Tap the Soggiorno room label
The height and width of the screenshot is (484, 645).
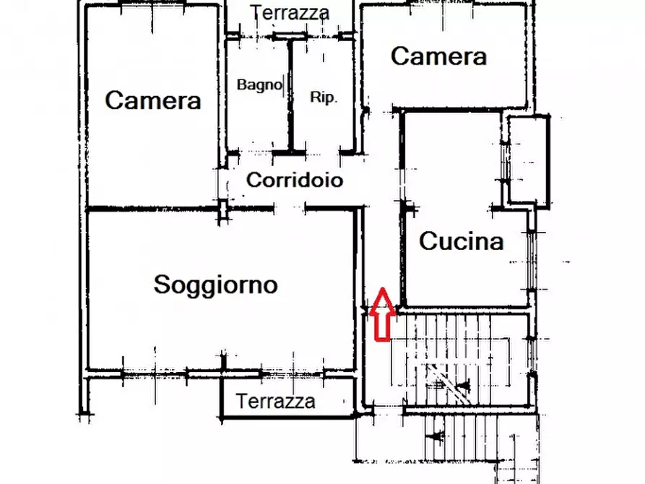(x=215, y=285)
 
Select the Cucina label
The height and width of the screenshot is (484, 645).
(x=461, y=241)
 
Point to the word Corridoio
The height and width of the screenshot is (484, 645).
(x=295, y=180)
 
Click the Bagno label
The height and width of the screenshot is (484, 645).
(x=259, y=85)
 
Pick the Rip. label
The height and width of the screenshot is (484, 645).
(x=323, y=98)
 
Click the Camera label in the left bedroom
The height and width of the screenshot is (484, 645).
(x=152, y=100)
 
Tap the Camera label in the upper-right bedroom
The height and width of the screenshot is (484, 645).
(x=438, y=56)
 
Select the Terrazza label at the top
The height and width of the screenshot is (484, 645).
(x=290, y=12)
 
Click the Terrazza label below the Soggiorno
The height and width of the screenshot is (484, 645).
(x=275, y=400)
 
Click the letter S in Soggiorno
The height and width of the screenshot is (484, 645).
(x=162, y=285)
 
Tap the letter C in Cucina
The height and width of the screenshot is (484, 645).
(x=428, y=241)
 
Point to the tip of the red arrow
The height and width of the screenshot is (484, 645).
(x=383, y=290)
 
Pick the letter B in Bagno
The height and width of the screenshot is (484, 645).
(x=241, y=85)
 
